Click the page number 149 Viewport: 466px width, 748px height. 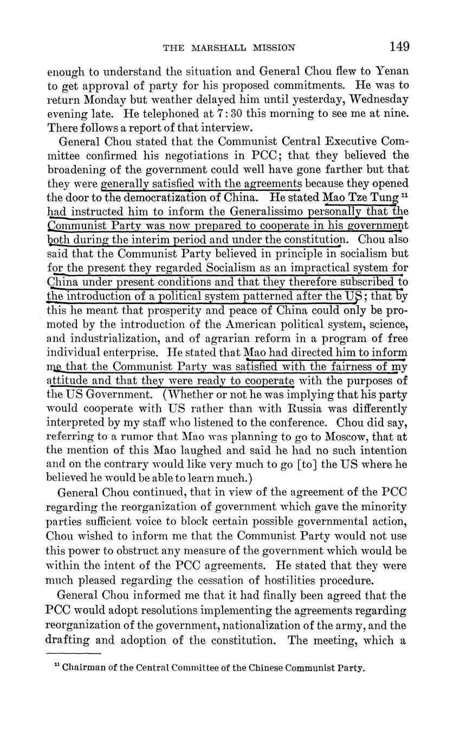point(399,47)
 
